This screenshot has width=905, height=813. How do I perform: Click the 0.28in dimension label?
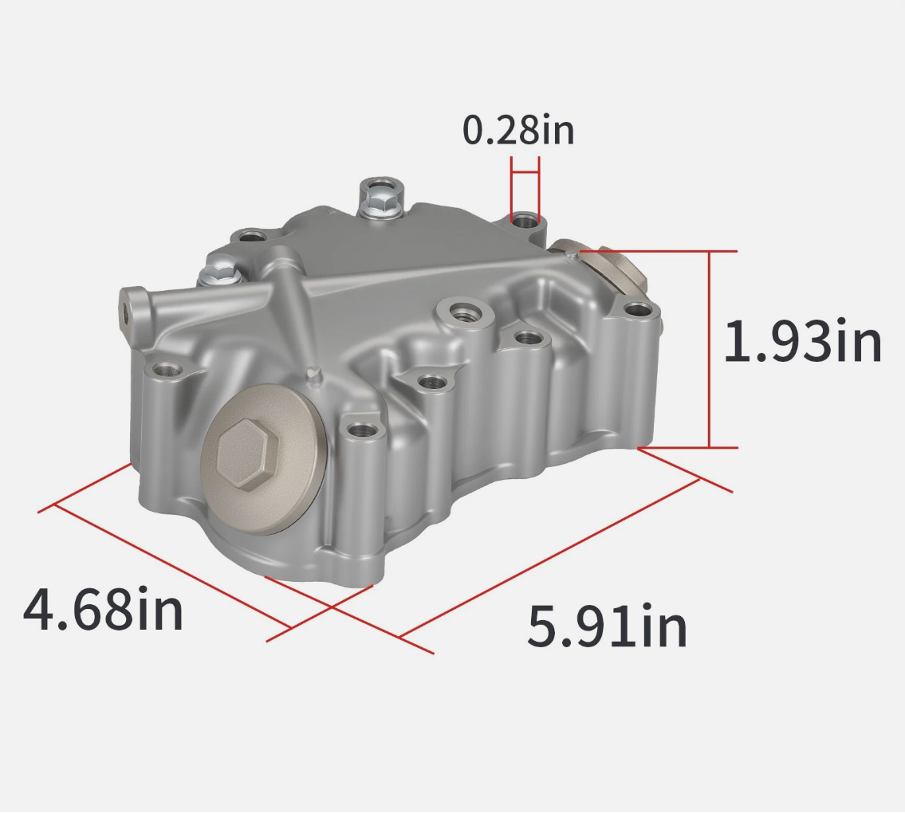point(518,130)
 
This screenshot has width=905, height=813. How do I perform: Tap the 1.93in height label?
point(802,342)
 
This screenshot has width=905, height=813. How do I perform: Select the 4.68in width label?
point(103,609)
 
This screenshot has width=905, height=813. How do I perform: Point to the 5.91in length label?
point(607,626)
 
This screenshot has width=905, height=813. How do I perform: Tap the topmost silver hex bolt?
point(380,198)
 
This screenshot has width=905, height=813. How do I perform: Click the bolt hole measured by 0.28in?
point(525,221)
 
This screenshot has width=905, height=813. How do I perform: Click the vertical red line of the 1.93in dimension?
point(710,349)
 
